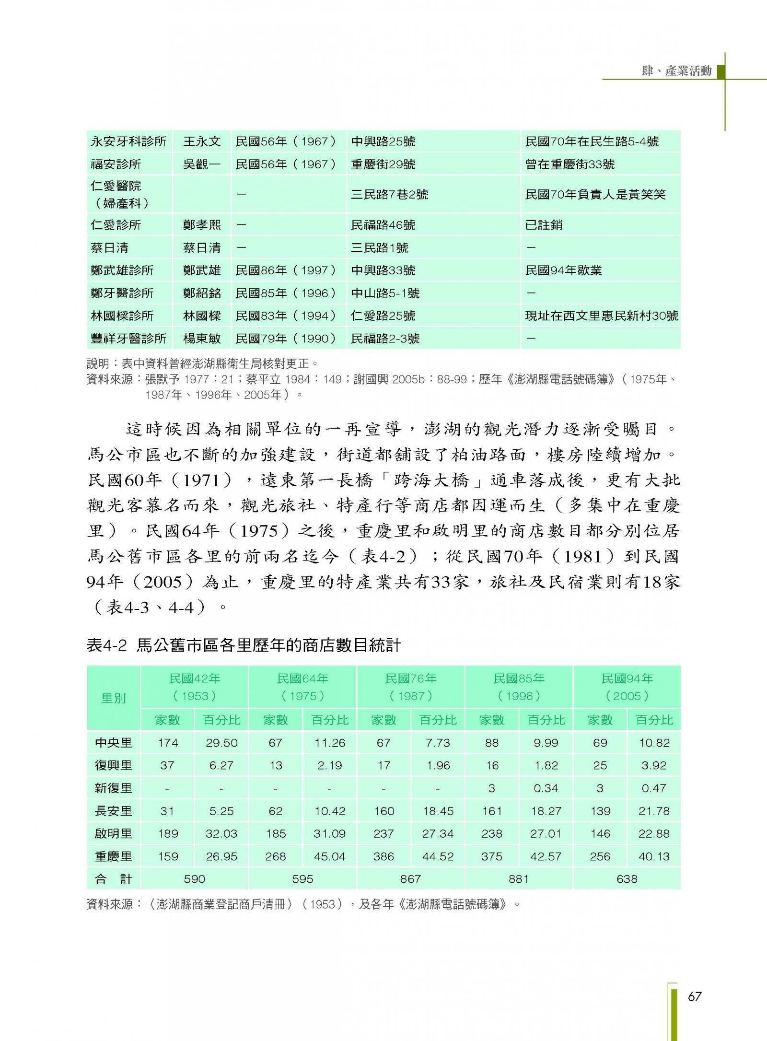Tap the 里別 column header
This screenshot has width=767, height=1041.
tap(114, 698)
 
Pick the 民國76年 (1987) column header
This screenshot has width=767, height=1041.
tap(411, 687)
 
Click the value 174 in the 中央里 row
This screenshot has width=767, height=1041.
tap(168, 743)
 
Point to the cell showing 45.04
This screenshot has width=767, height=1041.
tap(329, 856)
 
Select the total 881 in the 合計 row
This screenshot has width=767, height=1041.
tap(519, 879)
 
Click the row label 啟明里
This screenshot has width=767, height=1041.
tap(114, 833)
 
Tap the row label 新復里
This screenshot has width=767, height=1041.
tap(114, 788)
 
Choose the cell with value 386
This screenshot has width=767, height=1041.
tap(383, 856)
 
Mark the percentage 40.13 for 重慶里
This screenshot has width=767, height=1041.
tap(654, 856)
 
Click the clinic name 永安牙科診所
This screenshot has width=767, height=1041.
tap(128, 141)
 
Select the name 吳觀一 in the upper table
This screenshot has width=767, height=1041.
tap(202, 164)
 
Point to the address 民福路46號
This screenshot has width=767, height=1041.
tap(383, 225)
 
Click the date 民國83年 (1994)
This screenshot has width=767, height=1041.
tap(286, 316)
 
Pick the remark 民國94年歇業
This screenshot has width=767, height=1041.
tap(563, 270)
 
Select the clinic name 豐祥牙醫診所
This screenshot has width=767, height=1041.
tap(128, 339)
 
